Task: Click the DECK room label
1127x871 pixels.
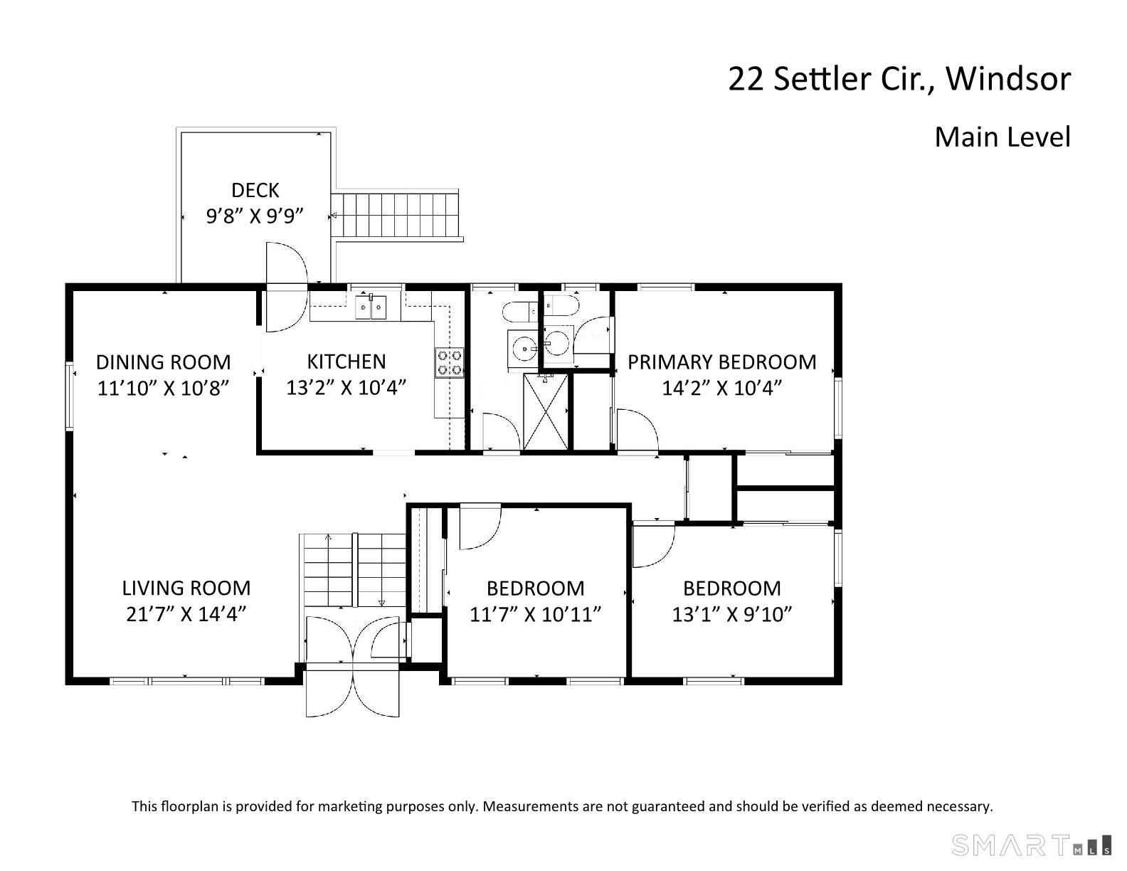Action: point(255,191)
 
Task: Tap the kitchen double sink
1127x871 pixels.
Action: point(370,307)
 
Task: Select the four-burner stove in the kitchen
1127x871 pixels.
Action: point(449,363)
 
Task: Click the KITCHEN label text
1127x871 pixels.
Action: point(346,361)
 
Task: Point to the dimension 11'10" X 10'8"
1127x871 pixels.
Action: point(163,388)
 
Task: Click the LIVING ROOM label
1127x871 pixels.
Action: point(186,588)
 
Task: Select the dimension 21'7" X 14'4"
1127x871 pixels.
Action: point(186,614)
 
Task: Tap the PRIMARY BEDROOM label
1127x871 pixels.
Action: point(722,362)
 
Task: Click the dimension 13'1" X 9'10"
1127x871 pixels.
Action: point(732,614)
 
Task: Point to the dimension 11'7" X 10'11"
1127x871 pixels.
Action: point(535,614)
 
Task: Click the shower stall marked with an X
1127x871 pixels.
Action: point(546,412)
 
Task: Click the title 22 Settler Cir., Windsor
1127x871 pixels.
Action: point(899,79)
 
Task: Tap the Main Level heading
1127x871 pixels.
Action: point(1002,137)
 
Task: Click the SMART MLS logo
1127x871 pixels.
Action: point(1031,845)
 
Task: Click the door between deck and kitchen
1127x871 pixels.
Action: point(287,287)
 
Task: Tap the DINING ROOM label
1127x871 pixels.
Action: point(164,362)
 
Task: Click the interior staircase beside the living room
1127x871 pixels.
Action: point(353,570)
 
